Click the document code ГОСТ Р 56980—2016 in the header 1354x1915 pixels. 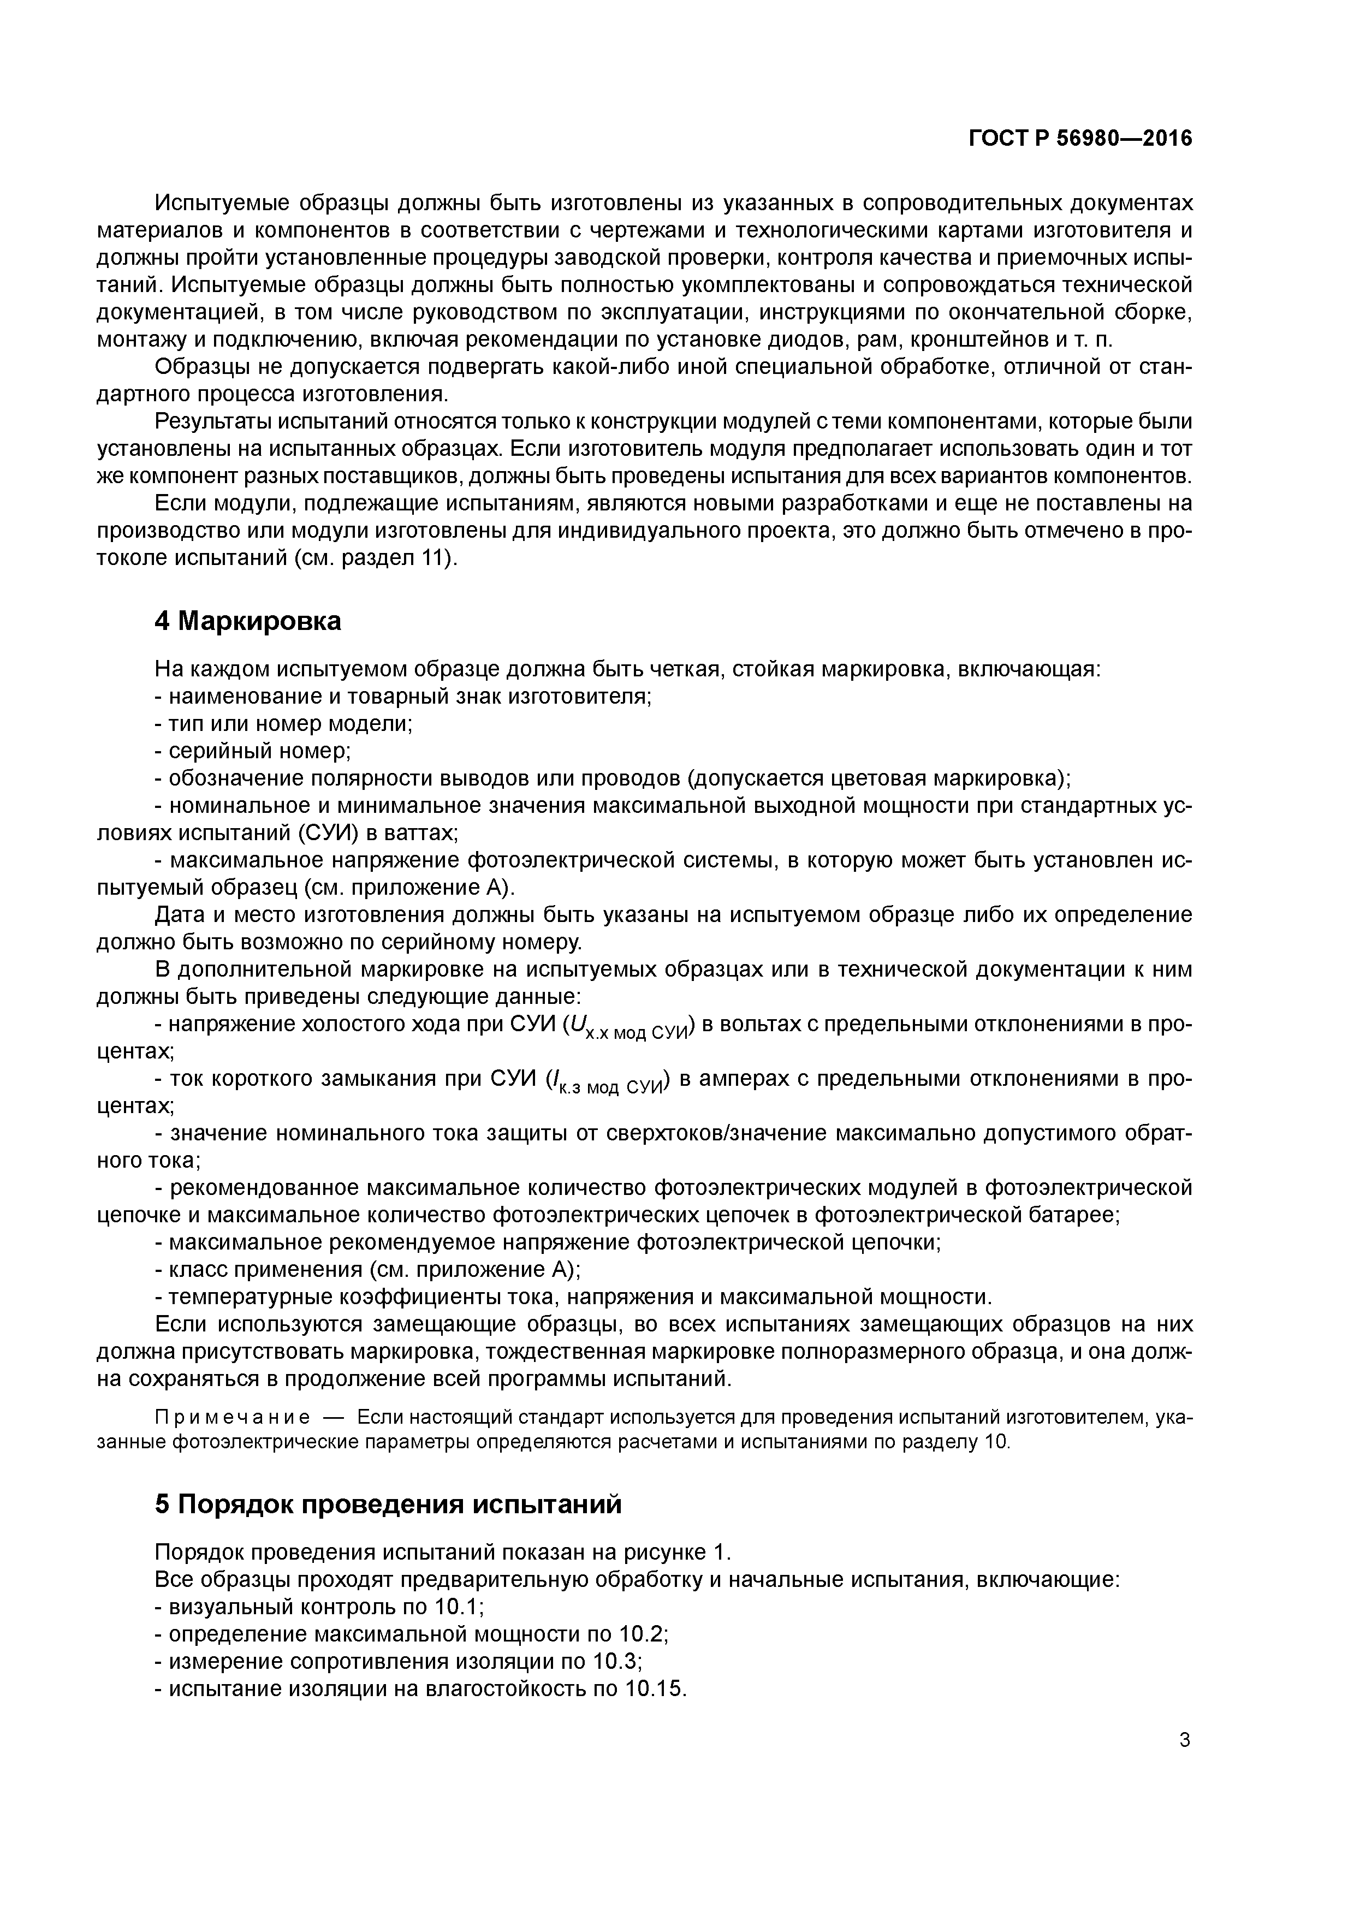coord(1080,139)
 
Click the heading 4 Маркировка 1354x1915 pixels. coord(248,621)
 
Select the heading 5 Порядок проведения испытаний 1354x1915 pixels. coord(388,1504)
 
